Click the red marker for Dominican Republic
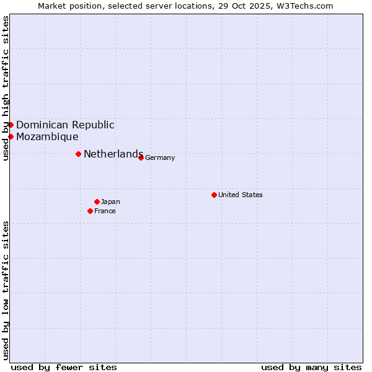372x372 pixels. tap(11, 125)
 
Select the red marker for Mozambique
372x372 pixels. tap(11, 136)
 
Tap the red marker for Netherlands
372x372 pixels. tap(78, 154)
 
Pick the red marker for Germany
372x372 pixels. tap(141, 157)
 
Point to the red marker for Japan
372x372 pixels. tap(97, 201)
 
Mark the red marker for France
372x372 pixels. tap(90, 211)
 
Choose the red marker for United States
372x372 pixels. tap(214, 195)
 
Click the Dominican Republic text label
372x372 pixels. tap(65, 125)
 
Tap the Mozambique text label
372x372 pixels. tap(47, 136)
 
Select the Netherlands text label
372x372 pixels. tap(113, 154)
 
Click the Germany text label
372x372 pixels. tap(160, 157)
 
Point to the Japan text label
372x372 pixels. tap(110, 201)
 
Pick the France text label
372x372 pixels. tap(105, 211)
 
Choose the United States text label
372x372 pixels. tap(241, 195)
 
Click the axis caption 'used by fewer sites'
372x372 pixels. tap(64, 367)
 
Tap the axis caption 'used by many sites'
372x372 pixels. tap(311, 367)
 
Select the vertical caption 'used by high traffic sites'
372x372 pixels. tap(6, 88)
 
